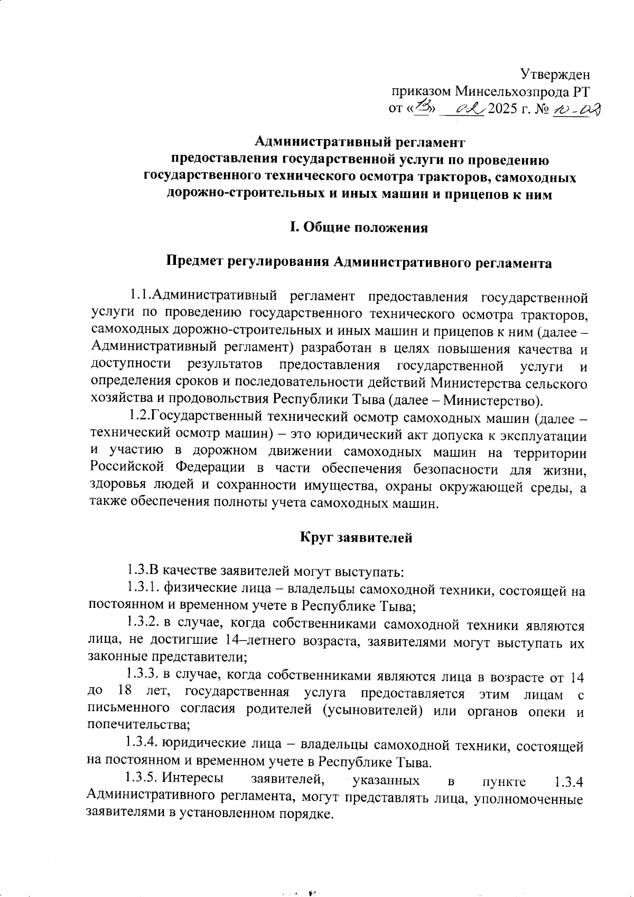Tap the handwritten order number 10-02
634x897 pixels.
[574, 109]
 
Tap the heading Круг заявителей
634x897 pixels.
[356, 538]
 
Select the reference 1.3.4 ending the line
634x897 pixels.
[566, 781]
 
